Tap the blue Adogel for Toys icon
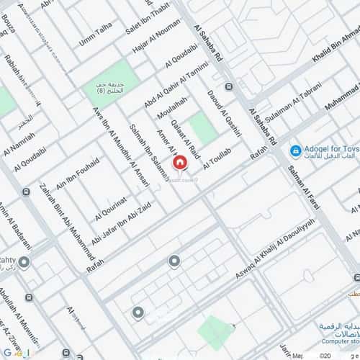pyautogui.click(x=294, y=150)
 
